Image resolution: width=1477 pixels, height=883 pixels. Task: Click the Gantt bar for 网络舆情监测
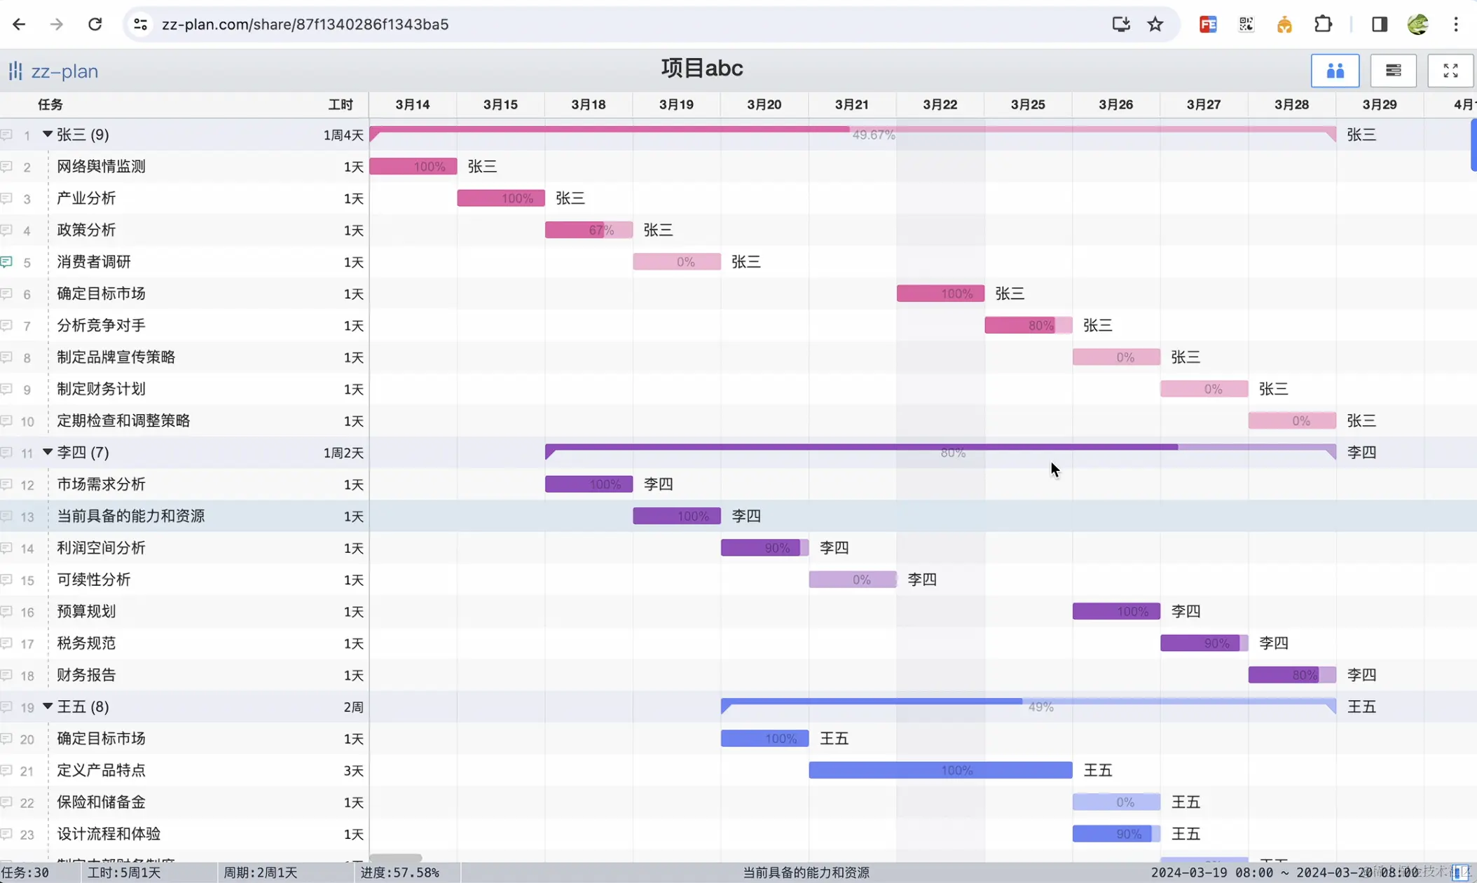(x=413, y=166)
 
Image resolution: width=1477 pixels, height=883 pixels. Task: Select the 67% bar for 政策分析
(x=589, y=230)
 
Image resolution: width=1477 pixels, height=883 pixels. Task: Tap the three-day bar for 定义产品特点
(x=940, y=770)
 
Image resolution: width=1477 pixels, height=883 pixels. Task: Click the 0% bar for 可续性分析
(x=852, y=580)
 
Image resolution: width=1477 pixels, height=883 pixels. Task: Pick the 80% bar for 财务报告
(x=1291, y=675)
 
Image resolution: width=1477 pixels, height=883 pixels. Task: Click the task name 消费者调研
(x=94, y=262)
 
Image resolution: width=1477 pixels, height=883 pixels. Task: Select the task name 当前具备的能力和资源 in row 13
(x=131, y=516)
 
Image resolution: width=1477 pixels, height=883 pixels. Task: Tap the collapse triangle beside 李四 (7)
(x=48, y=452)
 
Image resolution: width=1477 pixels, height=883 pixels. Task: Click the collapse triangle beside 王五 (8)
(x=48, y=706)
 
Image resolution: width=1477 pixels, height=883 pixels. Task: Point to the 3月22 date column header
(x=940, y=104)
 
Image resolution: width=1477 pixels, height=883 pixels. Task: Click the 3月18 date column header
(x=588, y=104)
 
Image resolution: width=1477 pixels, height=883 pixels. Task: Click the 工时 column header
(x=341, y=104)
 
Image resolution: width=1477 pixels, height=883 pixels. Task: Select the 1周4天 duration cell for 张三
(x=343, y=135)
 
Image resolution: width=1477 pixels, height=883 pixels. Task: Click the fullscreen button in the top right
(x=1450, y=71)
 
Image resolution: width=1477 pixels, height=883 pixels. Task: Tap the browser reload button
(x=95, y=25)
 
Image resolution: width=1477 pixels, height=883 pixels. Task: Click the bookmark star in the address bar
(x=1155, y=25)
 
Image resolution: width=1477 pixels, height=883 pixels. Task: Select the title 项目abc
(x=701, y=69)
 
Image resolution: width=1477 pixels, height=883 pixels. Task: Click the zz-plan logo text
(x=64, y=71)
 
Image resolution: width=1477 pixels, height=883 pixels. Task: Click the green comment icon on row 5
(x=7, y=262)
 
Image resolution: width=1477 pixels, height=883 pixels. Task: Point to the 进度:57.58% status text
(x=400, y=872)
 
